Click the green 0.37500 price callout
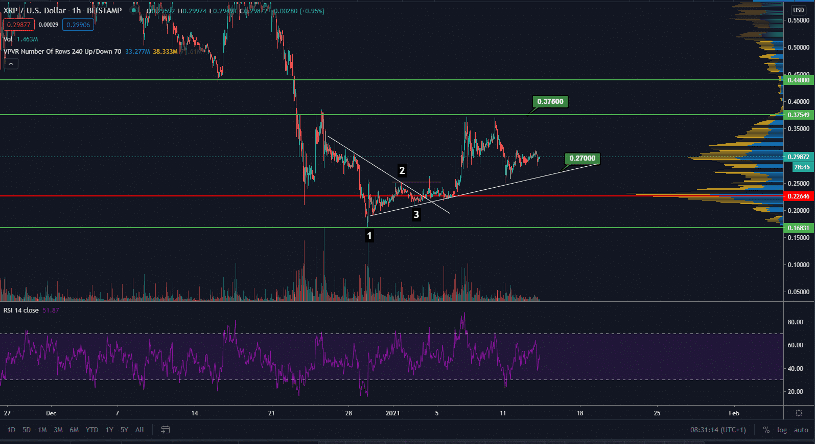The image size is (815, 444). tap(550, 101)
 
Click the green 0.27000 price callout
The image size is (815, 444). tap(582, 158)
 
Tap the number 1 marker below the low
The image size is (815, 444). tap(369, 236)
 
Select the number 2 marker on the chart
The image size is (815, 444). tap(402, 170)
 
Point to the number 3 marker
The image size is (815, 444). tap(416, 214)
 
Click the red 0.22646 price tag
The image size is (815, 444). tap(798, 196)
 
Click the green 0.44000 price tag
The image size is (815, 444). tap(798, 80)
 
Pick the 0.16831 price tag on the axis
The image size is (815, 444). tap(798, 228)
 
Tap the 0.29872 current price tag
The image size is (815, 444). tap(798, 157)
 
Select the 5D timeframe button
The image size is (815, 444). tap(27, 430)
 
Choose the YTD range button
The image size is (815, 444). tap(92, 430)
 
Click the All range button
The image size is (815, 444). tap(139, 430)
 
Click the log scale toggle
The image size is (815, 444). tap(782, 430)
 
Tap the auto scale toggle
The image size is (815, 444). tap(801, 430)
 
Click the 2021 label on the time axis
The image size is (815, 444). tap(393, 413)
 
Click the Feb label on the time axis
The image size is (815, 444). tap(734, 413)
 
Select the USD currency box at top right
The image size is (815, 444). tap(798, 10)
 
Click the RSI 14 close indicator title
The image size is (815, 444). tap(21, 310)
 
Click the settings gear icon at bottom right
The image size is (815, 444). tap(799, 413)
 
